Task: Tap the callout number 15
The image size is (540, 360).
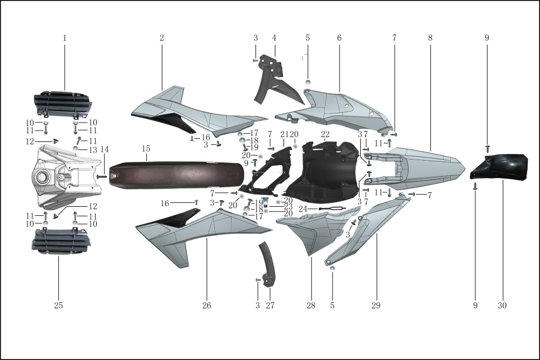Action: [146, 148]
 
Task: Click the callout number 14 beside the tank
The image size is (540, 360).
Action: [104, 150]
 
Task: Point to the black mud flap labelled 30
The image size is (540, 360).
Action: [499, 167]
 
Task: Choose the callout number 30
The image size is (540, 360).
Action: [502, 305]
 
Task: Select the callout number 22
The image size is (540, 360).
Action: [325, 134]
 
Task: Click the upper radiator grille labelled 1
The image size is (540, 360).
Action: [63, 103]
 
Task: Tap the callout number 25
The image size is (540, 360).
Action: [58, 305]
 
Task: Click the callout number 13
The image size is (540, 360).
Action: [93, 150]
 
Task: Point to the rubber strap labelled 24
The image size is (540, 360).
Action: [332, 208]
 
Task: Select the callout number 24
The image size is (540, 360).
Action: [303, 209]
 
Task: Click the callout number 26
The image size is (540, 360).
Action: [207, 305]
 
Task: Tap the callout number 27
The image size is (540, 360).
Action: [270, 305]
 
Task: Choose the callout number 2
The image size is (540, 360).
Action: [161, 38]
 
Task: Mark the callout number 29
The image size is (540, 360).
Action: [376, 305]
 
